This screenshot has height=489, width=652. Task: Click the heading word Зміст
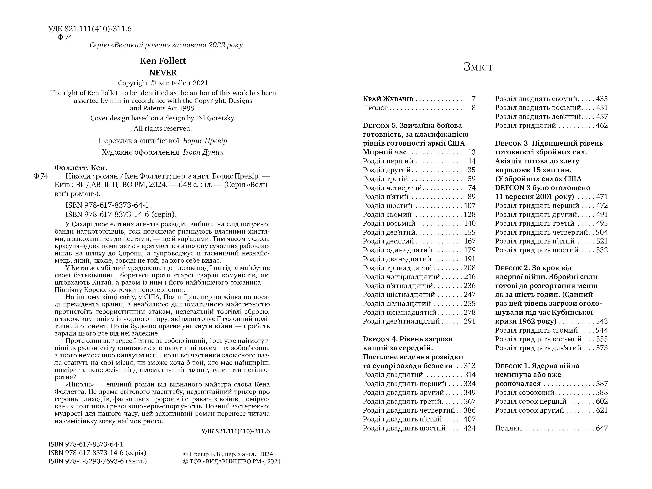click(478, 67)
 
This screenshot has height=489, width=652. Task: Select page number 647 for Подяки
click(602, 428)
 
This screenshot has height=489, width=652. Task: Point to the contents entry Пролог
click(375, 108)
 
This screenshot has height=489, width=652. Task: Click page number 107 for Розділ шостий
click(470, 206)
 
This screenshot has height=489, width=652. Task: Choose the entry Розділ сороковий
click(525, 393)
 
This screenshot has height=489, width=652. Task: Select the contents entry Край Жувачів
click(388, 99)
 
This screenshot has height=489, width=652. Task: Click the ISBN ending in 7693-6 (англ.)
click(97, 461)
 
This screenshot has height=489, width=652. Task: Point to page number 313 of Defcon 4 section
click(470, 366)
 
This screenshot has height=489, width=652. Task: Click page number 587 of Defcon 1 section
click(602, 384)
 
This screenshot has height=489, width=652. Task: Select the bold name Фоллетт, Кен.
click(81, 168)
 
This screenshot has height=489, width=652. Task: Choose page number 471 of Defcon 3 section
click(602, 197)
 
